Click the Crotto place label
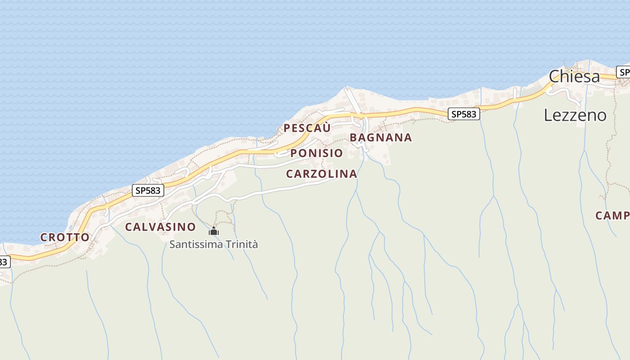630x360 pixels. pyautogui.click(x=65, y=237)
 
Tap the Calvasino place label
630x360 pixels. pyautogui.click(x=160, y=227)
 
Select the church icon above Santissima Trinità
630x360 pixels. pyautogui.click(x=214, y=232)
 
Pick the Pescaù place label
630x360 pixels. pyautogui.click(x=307, y=128)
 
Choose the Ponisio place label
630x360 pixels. pyautogui.click(x=316, y=153)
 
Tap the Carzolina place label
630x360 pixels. pyautogui.click(x=321, y=174)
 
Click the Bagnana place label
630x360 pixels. pyautogui.click(x=381, y=138)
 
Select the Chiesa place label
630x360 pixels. pyautogui.click(x=574, y=76)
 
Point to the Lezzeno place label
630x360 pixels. pyautogui.click(x=575, y=115)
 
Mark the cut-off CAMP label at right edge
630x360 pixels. pyautogui.click(x=612, y=216)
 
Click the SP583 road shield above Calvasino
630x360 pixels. pyautogui.click(x=148, y=190)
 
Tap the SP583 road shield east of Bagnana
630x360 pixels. pyautogui.click(x=463, y=114)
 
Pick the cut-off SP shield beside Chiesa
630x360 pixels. pyautogui.click(x=624, y=72)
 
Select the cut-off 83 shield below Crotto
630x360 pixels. pyautogui.click(x=4, y=261)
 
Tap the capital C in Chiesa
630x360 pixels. pyautogui.click(x=554, y=76)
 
